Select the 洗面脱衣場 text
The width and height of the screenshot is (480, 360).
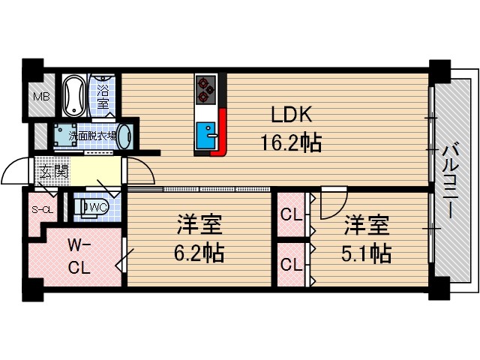tap(92, 136)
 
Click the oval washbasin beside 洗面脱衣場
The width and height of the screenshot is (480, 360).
tap(125, 136)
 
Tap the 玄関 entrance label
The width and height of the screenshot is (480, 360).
tap(50, 172)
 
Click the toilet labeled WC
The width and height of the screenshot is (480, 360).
tap(93, 207)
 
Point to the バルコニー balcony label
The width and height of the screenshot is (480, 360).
tap(451, 180)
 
